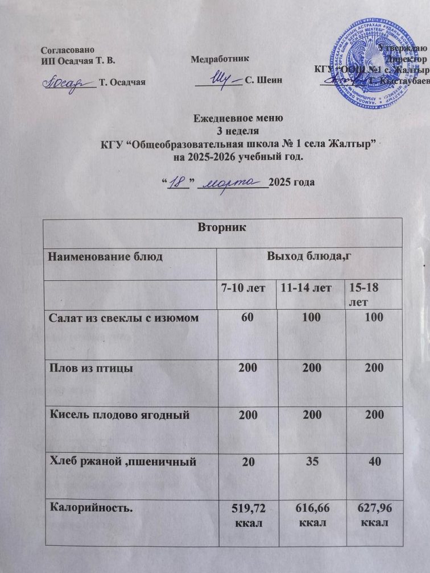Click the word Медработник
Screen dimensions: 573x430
click(x=220, y=59)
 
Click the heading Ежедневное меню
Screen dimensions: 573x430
click(x=238, y=120)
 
